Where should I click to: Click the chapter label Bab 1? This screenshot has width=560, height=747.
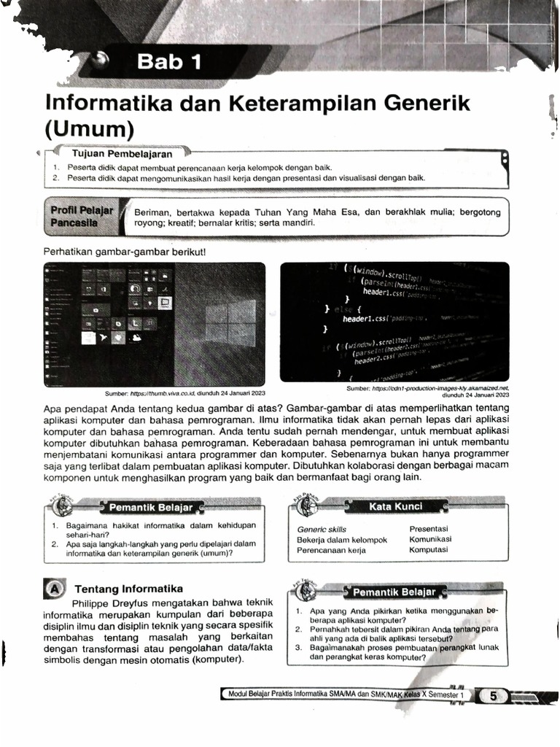[169, 63]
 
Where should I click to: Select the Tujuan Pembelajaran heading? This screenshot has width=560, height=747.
[122, 155]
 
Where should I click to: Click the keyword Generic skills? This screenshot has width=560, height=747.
[322, 529]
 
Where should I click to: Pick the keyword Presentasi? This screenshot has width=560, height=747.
[428, 528]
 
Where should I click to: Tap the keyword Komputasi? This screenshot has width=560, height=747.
[428, 550]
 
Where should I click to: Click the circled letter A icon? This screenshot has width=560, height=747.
[54, 588]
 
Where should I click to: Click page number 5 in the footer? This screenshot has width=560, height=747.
[493, 696]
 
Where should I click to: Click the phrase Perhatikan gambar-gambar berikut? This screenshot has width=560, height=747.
[125, 252]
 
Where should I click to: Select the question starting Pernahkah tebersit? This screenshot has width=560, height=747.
[402, 632]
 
